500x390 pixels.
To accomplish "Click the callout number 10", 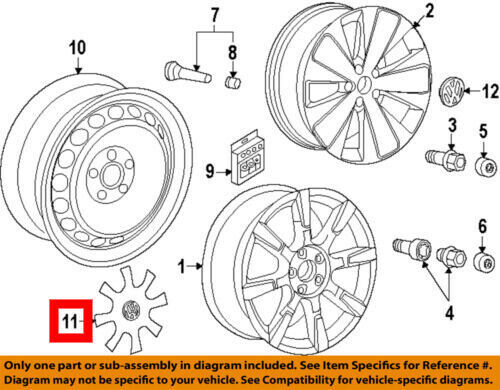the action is (77, 48).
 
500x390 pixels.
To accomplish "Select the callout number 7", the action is (215, 14).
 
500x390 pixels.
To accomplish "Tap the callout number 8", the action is (233, 52).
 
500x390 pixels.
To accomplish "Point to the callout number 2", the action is (430, 10).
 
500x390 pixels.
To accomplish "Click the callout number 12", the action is (491, 92).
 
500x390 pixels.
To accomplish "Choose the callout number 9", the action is (210, 171).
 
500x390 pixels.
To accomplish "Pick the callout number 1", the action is (182, 266).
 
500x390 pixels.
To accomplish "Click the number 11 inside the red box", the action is (70, 322).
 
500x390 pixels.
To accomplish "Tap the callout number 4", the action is (450, 313).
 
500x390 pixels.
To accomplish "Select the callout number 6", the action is (483, 226).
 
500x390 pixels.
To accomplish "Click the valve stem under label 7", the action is (189, 72).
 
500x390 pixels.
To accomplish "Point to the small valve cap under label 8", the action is (232, 82).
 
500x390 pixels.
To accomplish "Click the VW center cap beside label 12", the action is (452, 91).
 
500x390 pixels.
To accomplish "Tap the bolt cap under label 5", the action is (485, 168).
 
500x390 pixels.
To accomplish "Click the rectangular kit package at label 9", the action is (247, 157).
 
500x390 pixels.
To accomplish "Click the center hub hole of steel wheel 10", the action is (111, 176).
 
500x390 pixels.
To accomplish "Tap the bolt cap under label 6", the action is (484, 262).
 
